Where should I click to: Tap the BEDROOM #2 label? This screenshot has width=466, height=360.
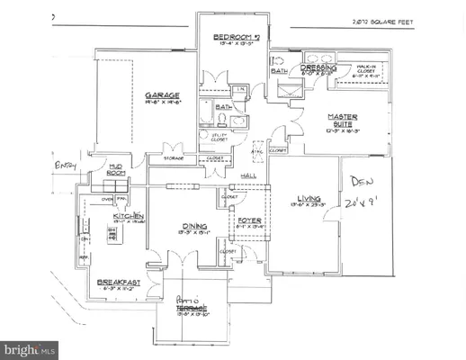pos(235,37)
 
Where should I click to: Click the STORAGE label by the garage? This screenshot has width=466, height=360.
pos(174,158)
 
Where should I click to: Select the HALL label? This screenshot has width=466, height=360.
pos(252,176)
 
